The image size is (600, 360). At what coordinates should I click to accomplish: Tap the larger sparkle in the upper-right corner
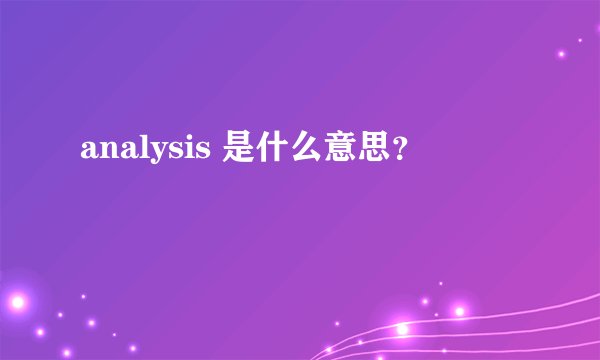tap(562, 53)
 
